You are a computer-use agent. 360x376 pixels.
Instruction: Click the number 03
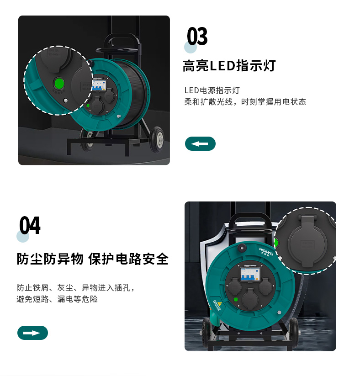pos(197,36)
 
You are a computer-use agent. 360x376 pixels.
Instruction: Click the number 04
pos(30,225)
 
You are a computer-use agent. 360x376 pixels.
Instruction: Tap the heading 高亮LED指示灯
pos(229,66)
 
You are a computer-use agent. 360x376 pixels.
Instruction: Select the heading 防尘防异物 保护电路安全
pos(93,259)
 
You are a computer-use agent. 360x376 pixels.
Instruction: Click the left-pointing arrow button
pos(200,143)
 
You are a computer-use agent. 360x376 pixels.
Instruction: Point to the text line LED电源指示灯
pos(212,90)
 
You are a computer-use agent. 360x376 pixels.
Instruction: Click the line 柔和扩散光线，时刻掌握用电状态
pos(245,102)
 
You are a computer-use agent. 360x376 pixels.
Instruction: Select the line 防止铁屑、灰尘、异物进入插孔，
pos(75,287)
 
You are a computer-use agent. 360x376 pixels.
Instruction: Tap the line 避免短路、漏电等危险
pos(57,299)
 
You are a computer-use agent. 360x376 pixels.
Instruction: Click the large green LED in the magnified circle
pos(59,84)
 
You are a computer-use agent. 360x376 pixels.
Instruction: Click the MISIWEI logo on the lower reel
pos(266,252)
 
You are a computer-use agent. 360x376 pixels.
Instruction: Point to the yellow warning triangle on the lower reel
pos(219,304)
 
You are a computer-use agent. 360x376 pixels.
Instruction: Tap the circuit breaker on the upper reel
pos(99,85)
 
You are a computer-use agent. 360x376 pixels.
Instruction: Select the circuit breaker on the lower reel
pos(250,274)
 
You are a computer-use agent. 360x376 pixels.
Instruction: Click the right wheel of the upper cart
pos(158,139)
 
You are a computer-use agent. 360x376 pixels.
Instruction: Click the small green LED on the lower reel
pos(236,299)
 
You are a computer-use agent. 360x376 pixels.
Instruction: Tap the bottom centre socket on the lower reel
pos(250,299)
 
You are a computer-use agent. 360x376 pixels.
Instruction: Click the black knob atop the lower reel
pos(242,248)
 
